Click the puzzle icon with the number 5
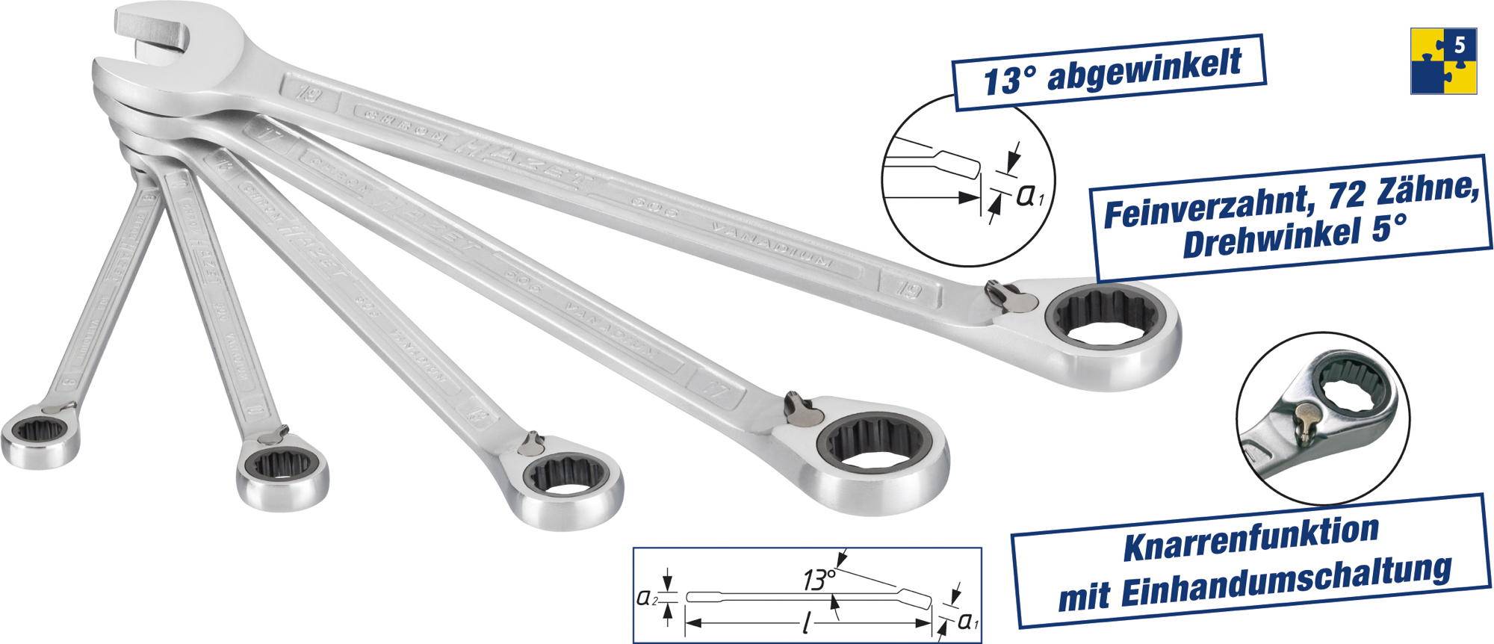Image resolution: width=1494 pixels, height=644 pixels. pyautogui.click(x=1443, y=61)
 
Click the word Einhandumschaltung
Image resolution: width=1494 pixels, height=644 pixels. pyautogui.click(x=1292, y=583)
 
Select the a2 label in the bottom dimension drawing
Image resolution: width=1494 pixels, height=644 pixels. pyautogui.click(x=645, y=598)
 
